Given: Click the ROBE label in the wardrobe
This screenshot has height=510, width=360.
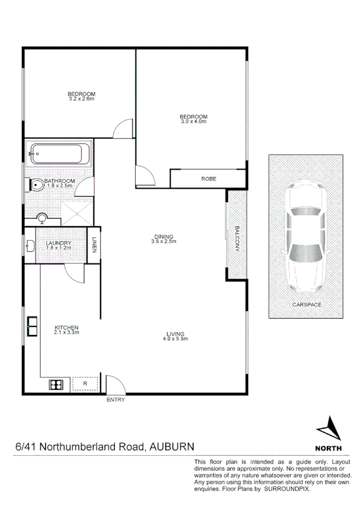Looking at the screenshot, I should [x=209, y=179].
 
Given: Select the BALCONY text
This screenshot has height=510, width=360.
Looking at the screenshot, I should [x=237, y=239].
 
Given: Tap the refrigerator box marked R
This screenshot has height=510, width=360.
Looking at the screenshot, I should [x=85, y=383].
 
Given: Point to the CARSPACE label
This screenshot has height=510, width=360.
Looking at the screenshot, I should [x=307, y=305].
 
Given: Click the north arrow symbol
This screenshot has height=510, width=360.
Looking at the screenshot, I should [x=328, y=429].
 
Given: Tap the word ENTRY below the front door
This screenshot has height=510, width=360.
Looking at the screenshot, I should [x=115, y=400].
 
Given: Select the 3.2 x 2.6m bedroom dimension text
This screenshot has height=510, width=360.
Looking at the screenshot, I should [x=81, y=99].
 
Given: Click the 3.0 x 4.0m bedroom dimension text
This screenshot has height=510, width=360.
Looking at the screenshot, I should [x=194, y=121].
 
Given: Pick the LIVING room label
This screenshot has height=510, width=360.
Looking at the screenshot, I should [x=175, y=334].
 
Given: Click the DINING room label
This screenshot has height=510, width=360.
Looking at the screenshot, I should [x=163, y=236].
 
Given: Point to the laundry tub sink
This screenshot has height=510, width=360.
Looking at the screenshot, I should [x=30, y=245].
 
